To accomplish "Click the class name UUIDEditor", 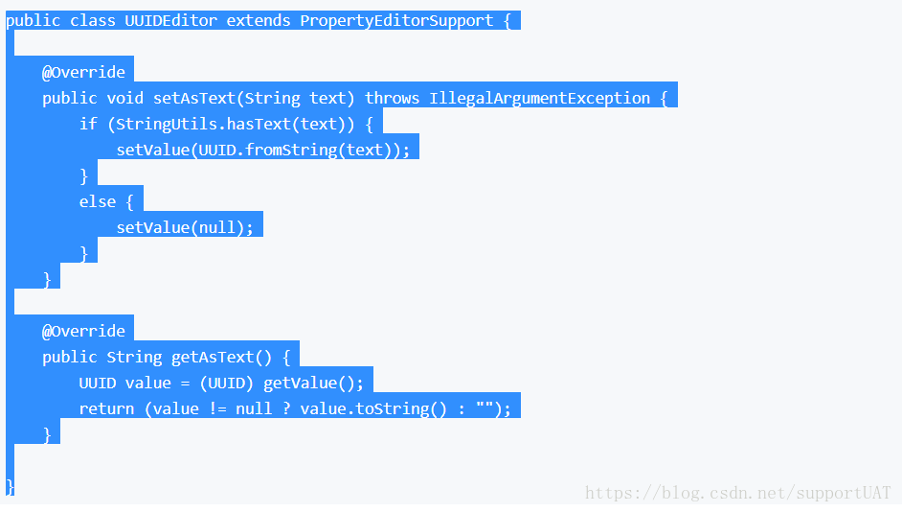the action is (x=170, y=20).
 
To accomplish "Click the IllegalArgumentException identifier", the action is (x=540, y=98).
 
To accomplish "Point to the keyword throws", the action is (x=393, y=98).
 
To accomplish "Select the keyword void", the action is (x=125, y=98).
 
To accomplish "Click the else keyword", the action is (x=98, y=201).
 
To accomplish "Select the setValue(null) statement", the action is (x=185, y=227).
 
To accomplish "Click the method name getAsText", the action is (x=213, y=357).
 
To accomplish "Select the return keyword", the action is (x=106, y=408).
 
